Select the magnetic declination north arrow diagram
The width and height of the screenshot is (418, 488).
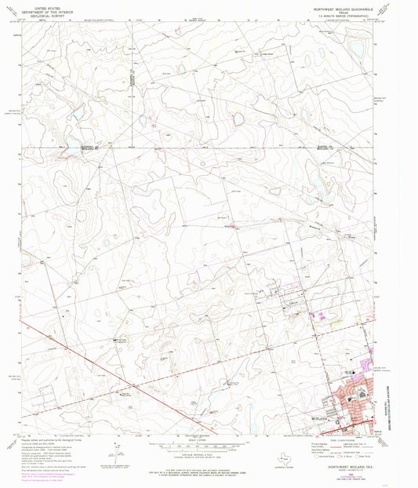(x=116, y=453)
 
